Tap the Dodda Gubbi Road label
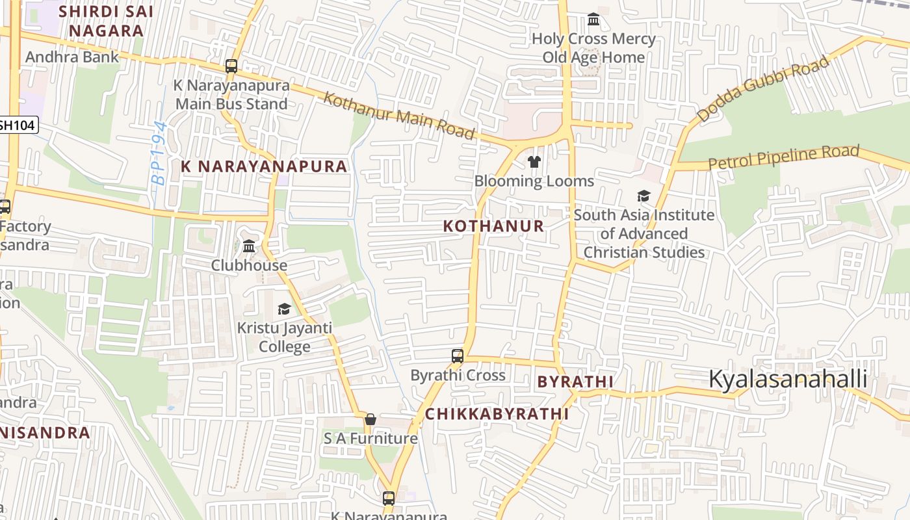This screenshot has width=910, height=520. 763,88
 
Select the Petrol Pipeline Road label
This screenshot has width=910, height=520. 784,157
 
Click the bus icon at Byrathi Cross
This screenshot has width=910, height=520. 458,356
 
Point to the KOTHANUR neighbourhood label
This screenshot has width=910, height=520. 493,226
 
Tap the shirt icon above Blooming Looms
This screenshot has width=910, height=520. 534,162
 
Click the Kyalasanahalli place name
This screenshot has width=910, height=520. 788,378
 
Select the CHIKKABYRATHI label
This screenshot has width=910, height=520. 497,414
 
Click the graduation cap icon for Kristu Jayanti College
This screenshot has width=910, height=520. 284,309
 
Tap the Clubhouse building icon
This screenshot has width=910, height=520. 249,246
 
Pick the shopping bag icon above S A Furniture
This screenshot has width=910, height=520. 370,419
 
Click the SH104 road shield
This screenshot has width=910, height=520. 18,125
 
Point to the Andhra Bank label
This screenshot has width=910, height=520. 72,57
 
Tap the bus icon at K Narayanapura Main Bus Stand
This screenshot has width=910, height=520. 231,66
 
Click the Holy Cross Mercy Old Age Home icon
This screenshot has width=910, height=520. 593,19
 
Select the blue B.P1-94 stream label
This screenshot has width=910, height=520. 159,153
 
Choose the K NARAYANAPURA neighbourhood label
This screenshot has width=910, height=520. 264,166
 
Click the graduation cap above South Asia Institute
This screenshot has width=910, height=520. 643,196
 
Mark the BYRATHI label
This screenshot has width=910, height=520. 575,382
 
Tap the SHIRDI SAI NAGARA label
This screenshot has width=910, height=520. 106,21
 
